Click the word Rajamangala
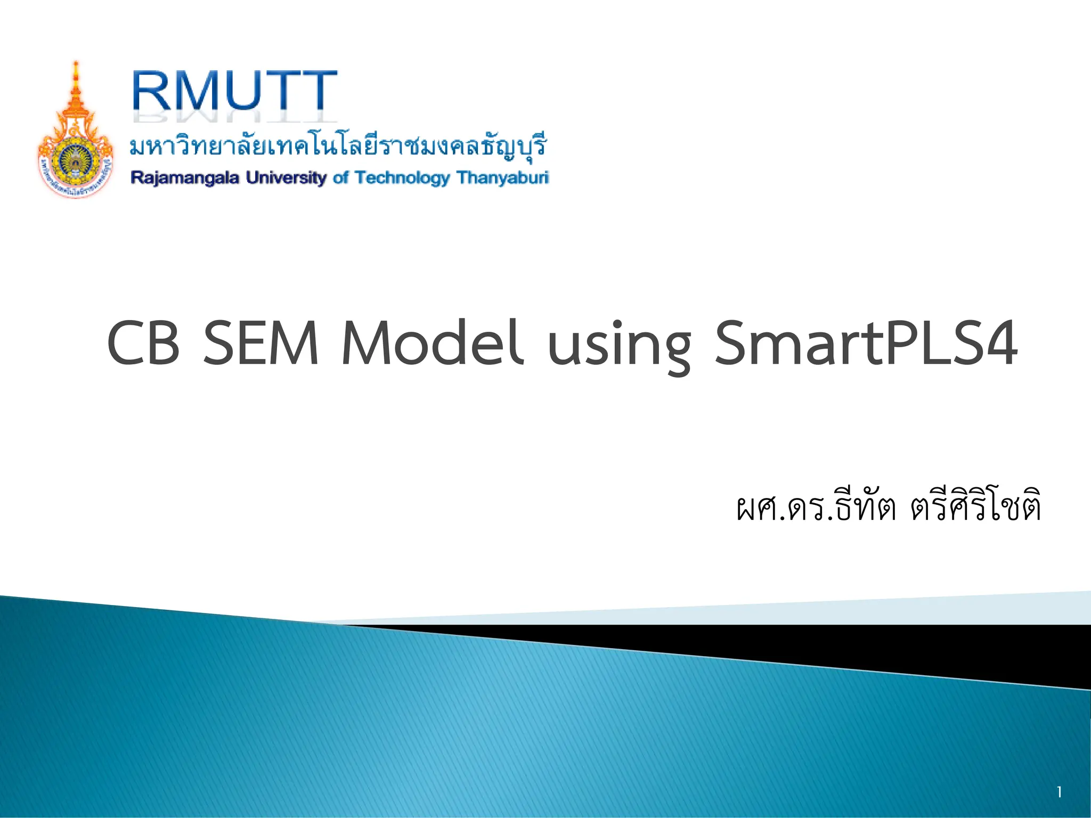(185, 177)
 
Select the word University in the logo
(286, 177)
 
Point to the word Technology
(402, 177)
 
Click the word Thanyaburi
(502, 177)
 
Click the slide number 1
(1060, 792)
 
